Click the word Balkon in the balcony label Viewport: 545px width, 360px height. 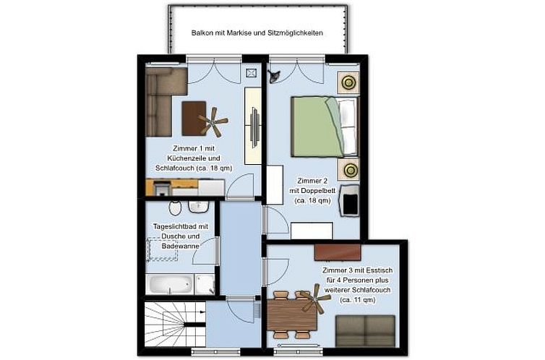202,33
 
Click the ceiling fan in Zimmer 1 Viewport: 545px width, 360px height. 214,121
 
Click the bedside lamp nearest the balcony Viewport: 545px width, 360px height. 349,82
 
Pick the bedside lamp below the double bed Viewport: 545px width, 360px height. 351,171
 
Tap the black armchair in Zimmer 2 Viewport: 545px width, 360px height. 351,200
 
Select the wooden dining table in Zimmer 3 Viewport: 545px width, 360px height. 293,313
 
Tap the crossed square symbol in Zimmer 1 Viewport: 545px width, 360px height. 251,73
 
